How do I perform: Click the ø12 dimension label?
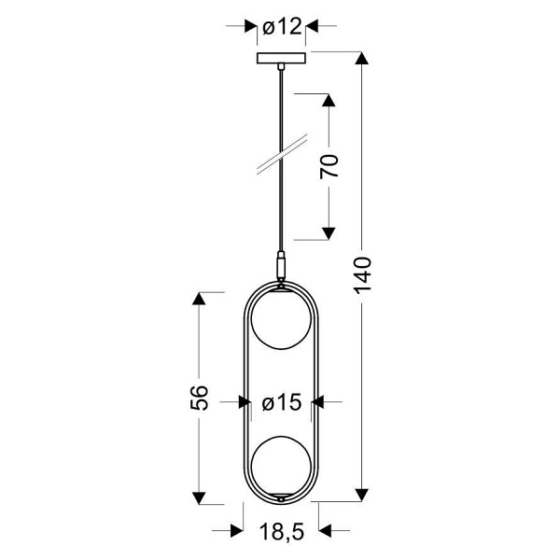[281, 26]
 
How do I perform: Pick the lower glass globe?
[281, 464]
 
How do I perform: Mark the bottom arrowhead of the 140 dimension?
[364, 495]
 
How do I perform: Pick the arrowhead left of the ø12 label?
[249, 26]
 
